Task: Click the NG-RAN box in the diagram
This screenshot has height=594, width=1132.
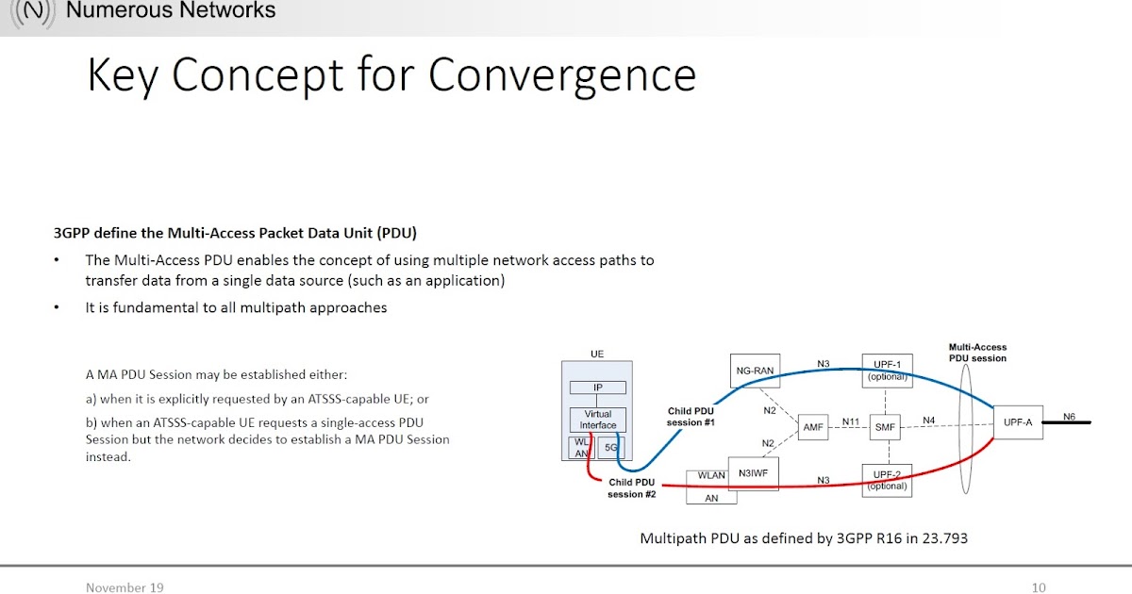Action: [755, 371]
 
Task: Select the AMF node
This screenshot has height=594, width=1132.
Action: [813, 426]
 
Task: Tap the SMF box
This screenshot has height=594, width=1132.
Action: [885, 426]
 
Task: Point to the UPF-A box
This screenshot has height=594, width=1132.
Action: [1019, 421]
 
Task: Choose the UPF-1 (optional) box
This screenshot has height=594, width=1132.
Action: [887, 371]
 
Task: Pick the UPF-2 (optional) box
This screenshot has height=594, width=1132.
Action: [887, 480]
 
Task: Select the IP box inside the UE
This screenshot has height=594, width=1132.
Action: [597, 388]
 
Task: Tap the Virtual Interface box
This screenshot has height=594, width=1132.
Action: [597, 420]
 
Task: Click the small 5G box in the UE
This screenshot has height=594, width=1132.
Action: [610, 449]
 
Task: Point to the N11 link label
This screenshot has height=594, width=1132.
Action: [850, 421]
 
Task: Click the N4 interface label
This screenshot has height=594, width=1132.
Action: [928, 421]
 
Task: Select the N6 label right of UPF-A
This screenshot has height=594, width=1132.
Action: [1069, 417]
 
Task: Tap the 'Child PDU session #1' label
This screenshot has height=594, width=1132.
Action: [691, 417]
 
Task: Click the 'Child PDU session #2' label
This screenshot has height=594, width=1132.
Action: [632, 487]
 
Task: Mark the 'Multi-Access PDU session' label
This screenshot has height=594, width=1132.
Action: [977, 353]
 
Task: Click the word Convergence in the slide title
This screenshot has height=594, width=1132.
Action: [562, 75]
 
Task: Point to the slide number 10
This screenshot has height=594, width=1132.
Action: [1039, 587]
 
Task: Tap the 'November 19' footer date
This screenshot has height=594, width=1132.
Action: [125, 587]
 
